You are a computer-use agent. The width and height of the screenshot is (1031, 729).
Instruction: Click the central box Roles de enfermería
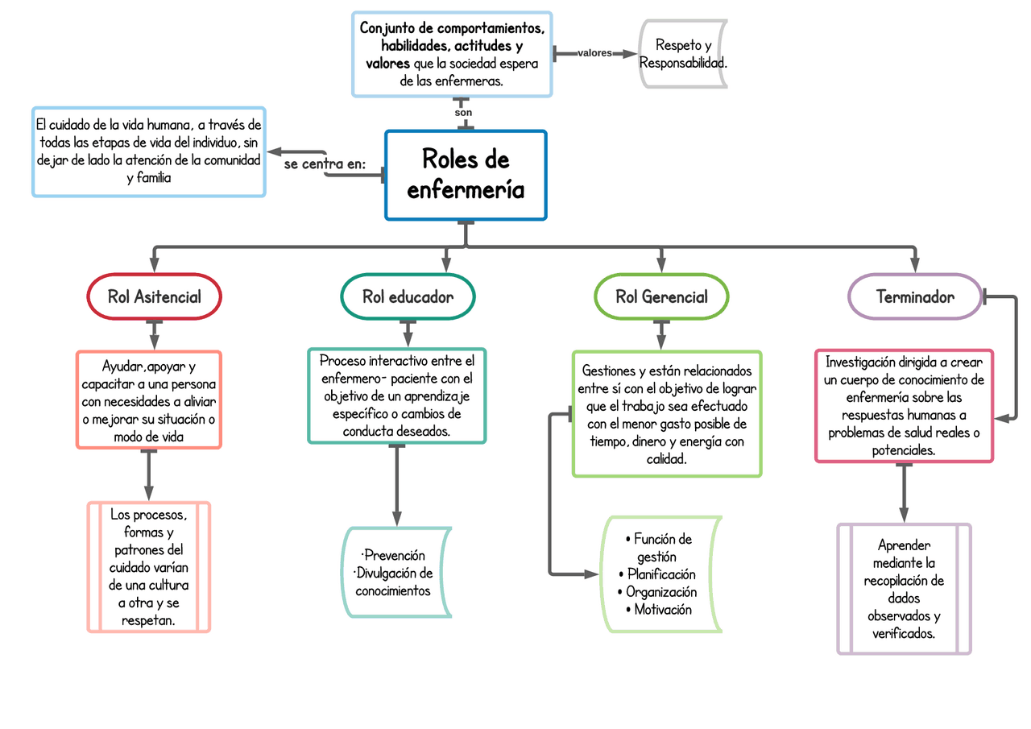tap(466, 175)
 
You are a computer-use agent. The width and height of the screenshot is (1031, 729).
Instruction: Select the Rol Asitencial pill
tap(154, 296)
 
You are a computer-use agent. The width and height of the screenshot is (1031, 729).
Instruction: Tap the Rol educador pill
tap(408, 296)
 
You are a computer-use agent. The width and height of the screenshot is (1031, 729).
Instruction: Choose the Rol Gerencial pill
tap(661, 296)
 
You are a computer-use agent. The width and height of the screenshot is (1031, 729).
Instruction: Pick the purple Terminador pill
tap(915, 296)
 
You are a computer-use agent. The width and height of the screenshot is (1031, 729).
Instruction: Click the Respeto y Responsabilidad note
tap(683, 53)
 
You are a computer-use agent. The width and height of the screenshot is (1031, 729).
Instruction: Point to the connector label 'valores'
tap(594, 53)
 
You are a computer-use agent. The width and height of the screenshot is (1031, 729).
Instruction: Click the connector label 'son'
tap(463, 113)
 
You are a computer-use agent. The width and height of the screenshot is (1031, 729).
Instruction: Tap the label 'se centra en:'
tap(325, 164)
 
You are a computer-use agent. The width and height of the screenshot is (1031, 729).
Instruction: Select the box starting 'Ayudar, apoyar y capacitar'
tap(148, 400)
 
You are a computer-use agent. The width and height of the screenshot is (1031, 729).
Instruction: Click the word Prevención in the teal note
tap(395, 556)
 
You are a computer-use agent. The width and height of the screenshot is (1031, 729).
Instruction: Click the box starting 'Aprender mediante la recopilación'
tap(904, 589)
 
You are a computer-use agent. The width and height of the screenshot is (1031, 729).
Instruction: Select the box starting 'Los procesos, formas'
tap(148, 567)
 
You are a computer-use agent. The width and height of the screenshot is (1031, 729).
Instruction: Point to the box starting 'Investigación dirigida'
tap(904, 406)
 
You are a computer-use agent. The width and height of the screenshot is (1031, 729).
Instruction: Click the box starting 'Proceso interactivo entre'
tap(396, 396)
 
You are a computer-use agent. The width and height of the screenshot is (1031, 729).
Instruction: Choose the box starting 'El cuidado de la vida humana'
tap(149, 151)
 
